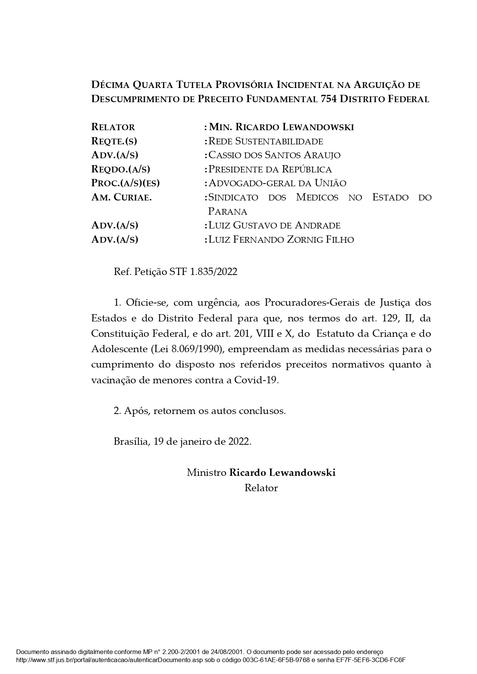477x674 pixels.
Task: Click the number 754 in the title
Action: tap(328, 99)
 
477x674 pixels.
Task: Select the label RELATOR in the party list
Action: tap(113, 127)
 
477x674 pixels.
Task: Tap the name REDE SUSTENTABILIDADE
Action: tap(265, 141)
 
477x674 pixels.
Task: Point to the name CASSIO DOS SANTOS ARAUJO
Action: tap(274, 155)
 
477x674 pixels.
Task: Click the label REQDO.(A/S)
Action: tap(120, 169)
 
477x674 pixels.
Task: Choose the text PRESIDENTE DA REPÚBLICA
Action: tap(270, 169)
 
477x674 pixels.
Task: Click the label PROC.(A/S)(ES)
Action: tap(125, 183)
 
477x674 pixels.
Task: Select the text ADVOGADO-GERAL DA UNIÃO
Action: tap(277, 183)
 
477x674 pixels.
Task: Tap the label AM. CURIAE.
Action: tap(121, 197)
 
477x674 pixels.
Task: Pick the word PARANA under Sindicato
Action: tap(227, 212)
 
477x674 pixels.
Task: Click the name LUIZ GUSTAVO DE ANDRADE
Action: tap(274, 225)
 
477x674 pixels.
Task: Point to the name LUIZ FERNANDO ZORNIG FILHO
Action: tap(281, 240)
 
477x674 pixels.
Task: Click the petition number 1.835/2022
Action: tap(214, 272)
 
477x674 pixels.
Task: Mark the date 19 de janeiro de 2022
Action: tap(202, 442)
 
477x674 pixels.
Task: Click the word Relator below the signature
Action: tap(261, 488)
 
